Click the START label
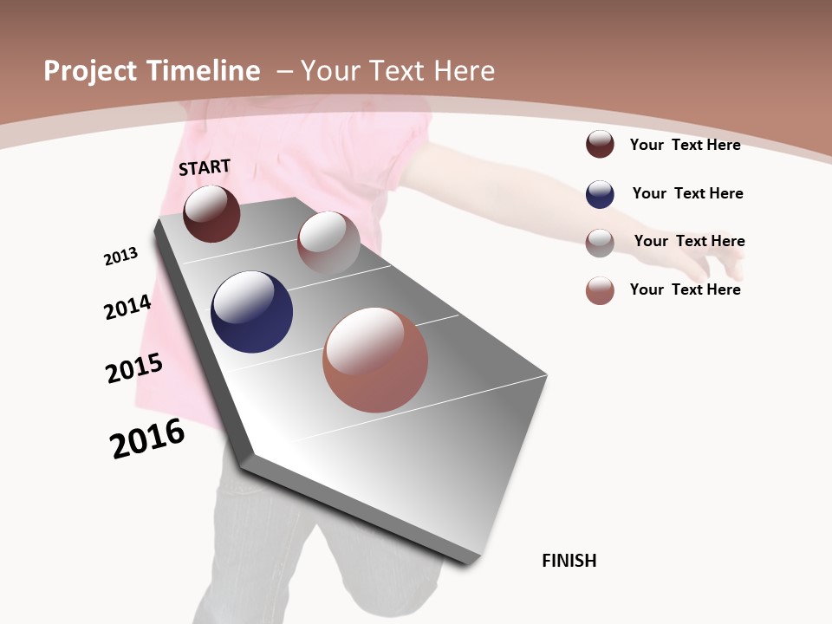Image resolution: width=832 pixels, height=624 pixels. pos(205,167)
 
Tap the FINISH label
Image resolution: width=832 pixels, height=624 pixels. pos(569,561)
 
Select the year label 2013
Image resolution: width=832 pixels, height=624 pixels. pos(120,257)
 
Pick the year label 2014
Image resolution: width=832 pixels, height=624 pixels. pos(128,307)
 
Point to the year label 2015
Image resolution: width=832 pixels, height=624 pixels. pos(134,368)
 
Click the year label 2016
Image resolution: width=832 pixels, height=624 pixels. pos(148,439)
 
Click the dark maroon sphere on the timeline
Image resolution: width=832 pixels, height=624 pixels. pos(211,213)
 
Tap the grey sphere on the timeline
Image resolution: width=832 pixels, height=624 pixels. pos(328,243)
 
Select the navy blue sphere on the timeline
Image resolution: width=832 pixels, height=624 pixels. pos(251,312)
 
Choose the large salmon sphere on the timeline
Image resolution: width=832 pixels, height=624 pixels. pos(375,360)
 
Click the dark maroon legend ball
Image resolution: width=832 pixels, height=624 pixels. pos(600,144)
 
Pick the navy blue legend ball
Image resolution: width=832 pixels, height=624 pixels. pos(600,194)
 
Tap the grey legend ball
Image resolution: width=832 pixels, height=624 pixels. pos(600,243)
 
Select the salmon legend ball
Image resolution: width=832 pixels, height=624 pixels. pos(600,290)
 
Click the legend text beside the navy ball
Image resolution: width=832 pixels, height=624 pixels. pos(687,193)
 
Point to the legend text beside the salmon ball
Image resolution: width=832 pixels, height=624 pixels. pos(685,289)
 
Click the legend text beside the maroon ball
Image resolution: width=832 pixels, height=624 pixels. pos(685,145)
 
